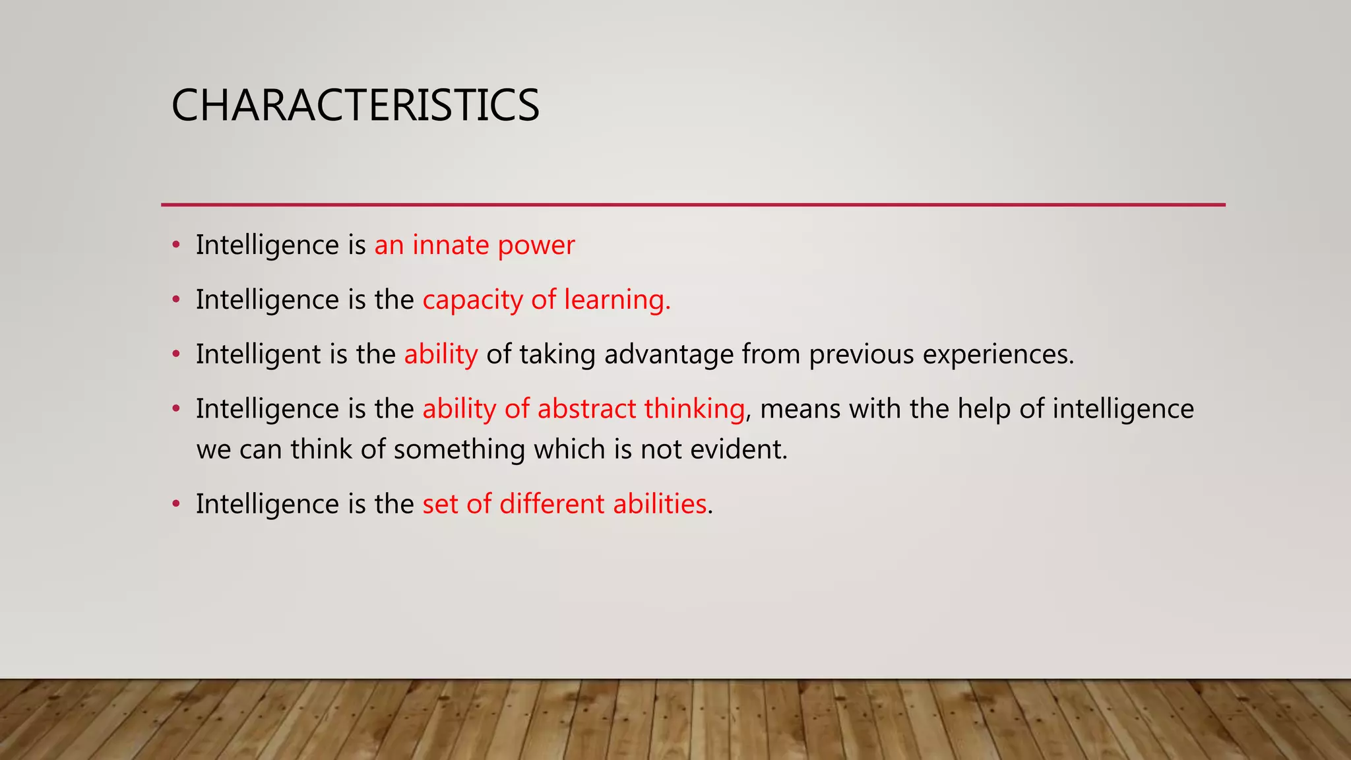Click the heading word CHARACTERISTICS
pos(355,106)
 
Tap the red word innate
pos(451,245)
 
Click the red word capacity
pos(472,301)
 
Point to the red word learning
pos(616,301)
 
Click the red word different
pos(551,504)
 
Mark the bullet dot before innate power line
pos(175,245)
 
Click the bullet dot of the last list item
pos(175,505)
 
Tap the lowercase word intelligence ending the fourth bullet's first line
pos(1123,410)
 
